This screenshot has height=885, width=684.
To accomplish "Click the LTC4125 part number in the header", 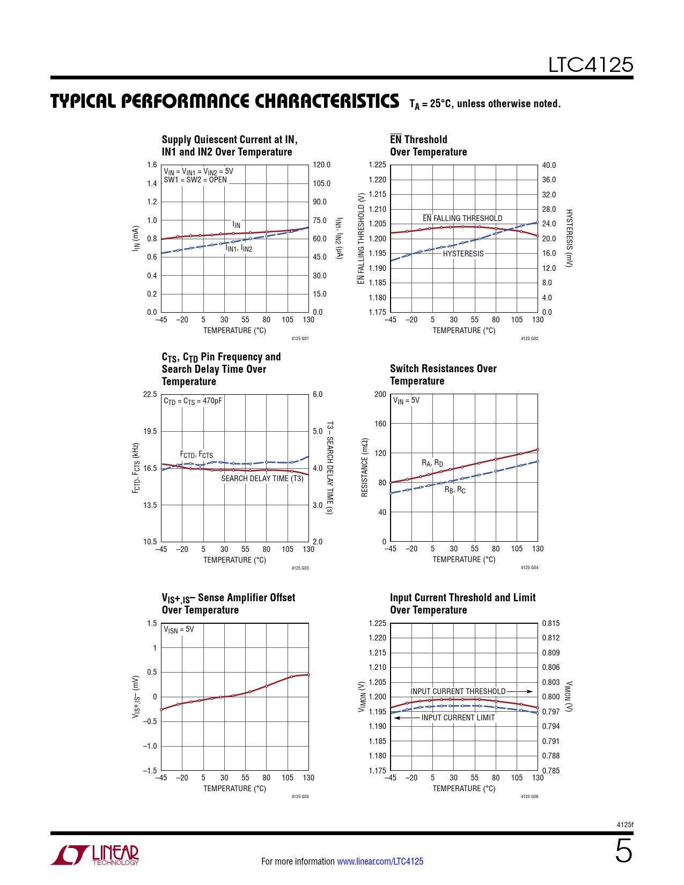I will [x=590, y=65].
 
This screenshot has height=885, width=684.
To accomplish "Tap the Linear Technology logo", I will [x=95, y=854].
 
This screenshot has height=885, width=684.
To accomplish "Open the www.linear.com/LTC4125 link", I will [x=380, y=861].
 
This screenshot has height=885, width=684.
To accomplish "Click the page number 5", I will [x=623, y=851].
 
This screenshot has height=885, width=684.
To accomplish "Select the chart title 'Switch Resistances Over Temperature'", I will [x=443, y=374].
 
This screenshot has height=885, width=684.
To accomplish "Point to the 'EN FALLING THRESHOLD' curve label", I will [x=462, y=218].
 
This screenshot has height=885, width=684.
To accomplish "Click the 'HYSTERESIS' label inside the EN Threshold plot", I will [x=463, y=254].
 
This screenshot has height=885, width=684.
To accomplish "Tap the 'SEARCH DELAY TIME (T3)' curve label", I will [x=262, y=478].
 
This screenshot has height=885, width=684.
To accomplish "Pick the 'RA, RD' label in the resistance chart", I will [x=432, y=463].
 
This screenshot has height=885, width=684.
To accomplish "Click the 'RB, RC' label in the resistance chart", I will [x=455, y=490].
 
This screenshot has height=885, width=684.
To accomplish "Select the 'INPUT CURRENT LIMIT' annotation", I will [x=458, y=718].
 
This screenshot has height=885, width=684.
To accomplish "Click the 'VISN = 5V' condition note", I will [x=179, y=630].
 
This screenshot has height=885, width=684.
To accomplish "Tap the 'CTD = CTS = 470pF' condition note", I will [x=193, y=401].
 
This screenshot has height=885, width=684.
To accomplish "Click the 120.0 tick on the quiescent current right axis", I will [x=321, y=165].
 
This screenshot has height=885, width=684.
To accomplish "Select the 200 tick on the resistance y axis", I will [x=380, y=394].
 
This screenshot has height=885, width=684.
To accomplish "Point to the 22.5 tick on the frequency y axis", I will [x=150, y=394].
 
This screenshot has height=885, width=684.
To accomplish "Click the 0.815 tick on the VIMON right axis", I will [x=550, y=623].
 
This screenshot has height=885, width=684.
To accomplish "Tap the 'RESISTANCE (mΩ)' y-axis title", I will [x=365, y=468].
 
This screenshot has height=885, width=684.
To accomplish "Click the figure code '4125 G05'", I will [x=300, y=796].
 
